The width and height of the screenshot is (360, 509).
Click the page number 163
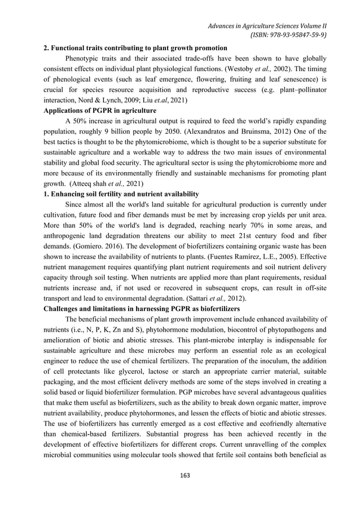pyautogui.click(x=179, y=475)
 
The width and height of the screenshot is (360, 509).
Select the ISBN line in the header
pyautogui.click(x=290, y=35)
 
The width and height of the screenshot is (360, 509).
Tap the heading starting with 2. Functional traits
pyautogui.click(x=135, y=47)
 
